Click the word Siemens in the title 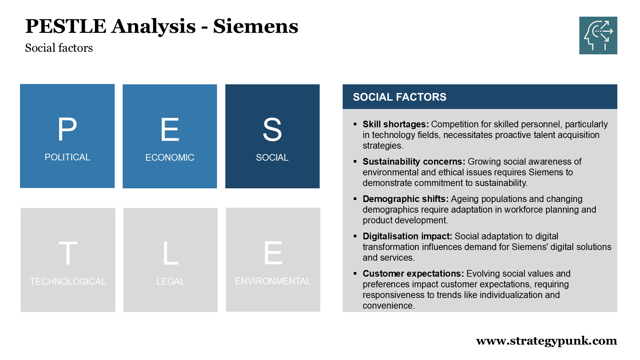(x=256, y=26)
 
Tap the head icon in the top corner (x=598, y=35)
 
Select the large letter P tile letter (x=67, y=129)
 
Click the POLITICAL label (x=67, y=157)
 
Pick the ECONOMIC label (x=170, y=157)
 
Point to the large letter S (x=272, y=129)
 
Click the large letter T (x=68, y=253)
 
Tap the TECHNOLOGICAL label (x=68, y=281)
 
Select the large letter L (x=171, y=253)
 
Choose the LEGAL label (x=171, y=281)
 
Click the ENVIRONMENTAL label (x=273, y=281)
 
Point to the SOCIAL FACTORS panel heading (x=400, y=97)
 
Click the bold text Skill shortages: (x=396, y=124)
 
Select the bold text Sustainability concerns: (x=414, y=162)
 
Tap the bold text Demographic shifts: (x=406, y=199)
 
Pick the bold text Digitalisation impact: (x=407, y=236)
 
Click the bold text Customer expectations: (x=413, y=274)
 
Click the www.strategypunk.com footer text (x=547, y=341)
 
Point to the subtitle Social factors (x=59, y=48)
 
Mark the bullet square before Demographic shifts (x=355, y=199)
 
